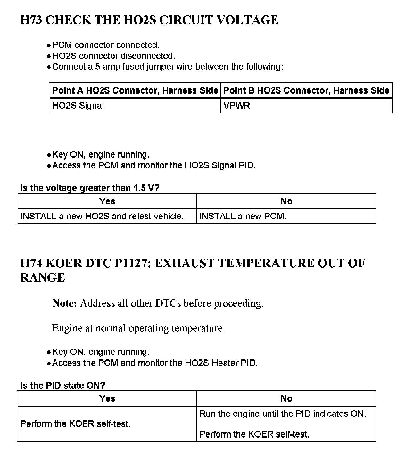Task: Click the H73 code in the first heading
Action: pos(31,20)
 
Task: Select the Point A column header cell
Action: pos(135,90)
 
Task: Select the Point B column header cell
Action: pos(306,90)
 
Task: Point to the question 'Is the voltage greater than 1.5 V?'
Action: pos(90,188)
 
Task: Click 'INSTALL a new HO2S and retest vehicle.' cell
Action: pos(102,216)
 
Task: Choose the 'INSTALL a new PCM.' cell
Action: pos(243,216)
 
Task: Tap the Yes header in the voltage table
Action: pos(107,201)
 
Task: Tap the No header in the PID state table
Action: pos(286,398)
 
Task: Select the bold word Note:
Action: pos(64,303)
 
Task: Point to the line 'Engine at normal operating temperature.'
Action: pos(138,328)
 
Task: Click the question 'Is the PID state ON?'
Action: pos(63,385)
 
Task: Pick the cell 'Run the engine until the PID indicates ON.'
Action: pos(283,414)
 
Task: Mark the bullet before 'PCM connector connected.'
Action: pos(49,45)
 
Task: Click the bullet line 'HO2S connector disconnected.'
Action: pos(113,56)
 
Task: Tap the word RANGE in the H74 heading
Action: pos(43,277)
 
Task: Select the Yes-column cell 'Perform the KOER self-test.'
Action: pos(75,424)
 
